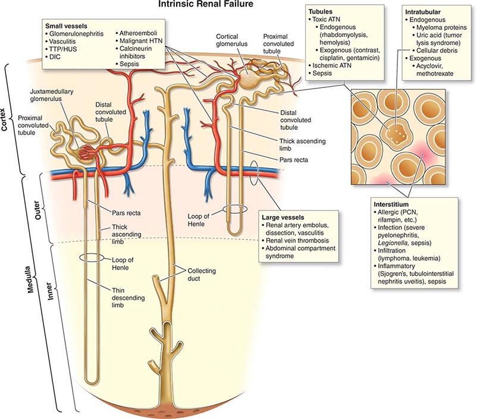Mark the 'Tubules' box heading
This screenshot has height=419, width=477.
pyautogui.click(x=321, y=11)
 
